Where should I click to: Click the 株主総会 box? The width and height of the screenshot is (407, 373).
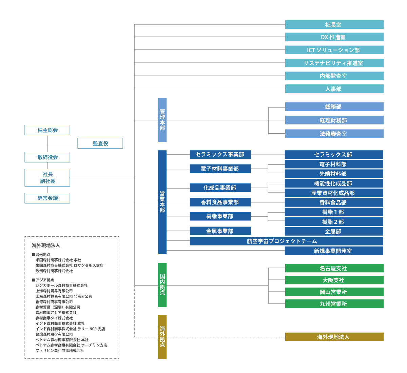(47, 130)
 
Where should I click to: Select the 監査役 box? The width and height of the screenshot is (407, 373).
(100, 143)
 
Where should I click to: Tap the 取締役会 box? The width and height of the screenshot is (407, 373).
(47, 157)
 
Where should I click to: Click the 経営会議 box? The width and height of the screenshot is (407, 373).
(47, 198)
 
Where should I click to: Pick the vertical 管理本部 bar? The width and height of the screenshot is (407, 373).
(162, 120)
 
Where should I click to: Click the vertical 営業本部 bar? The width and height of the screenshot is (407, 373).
(162, 202)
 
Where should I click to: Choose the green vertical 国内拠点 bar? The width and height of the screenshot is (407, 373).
(162, 285)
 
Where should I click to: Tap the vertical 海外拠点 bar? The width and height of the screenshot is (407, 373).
(162, 337)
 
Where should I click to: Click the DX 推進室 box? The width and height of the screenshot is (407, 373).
(334, 37)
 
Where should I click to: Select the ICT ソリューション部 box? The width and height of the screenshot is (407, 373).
(334, 50)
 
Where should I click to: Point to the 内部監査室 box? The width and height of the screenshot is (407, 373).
(334, 76)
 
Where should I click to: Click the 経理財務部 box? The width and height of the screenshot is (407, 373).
(334, 120)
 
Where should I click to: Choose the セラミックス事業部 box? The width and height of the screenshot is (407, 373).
(220, 154)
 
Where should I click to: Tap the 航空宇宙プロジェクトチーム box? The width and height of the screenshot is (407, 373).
(287, 241)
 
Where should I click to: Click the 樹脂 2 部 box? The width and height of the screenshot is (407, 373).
(334, 222)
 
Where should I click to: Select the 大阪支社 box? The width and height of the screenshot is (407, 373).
(334, 280)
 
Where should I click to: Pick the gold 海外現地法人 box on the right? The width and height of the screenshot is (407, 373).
(334, 337)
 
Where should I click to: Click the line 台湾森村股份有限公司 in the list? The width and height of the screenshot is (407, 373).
(54, 334)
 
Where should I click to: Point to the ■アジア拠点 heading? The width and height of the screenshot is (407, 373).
(43, 280)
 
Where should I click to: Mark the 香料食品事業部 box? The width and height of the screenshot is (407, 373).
(220, 202)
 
